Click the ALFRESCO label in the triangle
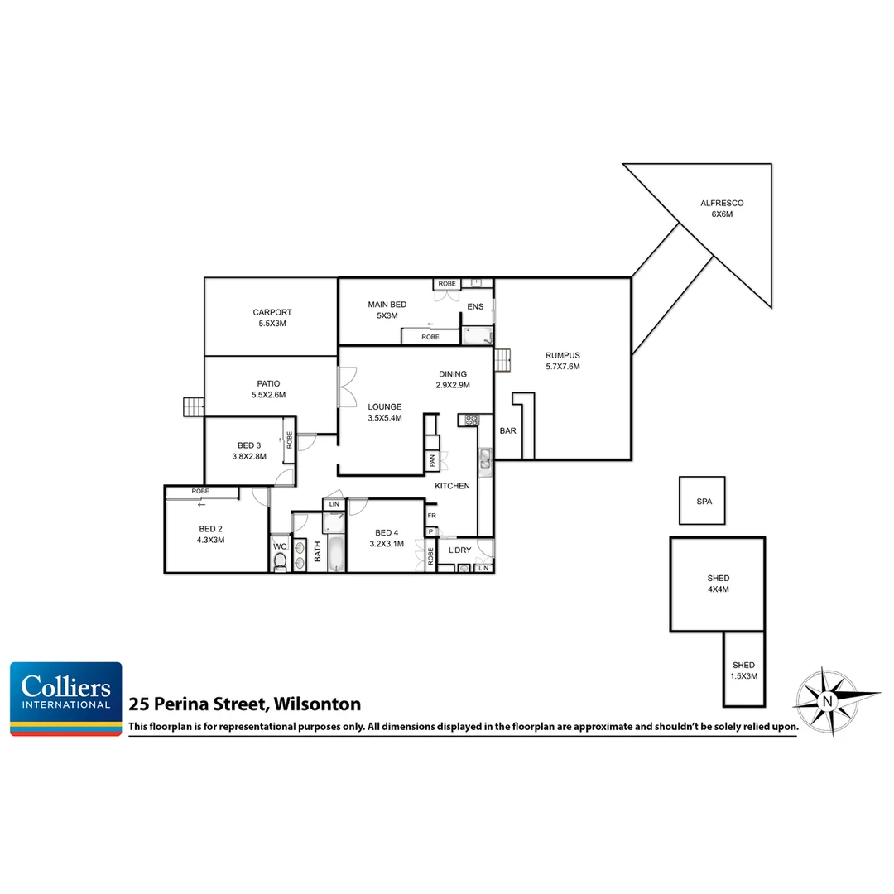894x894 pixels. pos(722,208)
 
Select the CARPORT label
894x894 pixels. pos(272,318)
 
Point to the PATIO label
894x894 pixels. pos(268,389)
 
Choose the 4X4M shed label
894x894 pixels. pos(719,584)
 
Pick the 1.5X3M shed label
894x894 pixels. pos(743,670)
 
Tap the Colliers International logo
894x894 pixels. pos(66,699)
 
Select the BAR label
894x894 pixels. pos(507,431)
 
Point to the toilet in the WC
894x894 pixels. pos(280,562)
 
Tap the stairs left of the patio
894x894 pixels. pos(194,406)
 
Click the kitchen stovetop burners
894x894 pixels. pos(472,420)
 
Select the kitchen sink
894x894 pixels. pos(485,458)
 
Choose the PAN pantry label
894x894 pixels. pos(431,461)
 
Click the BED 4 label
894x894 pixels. pos(387,538)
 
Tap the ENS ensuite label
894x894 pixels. pos(475,307)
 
